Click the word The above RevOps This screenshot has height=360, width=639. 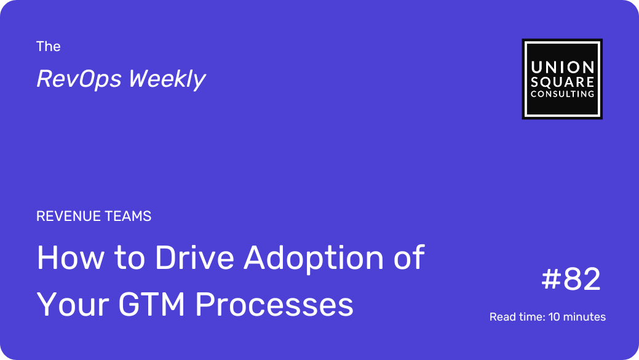[x=48, y=47]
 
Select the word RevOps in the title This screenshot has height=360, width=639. [x=79, y=79]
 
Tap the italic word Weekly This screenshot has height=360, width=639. [x=167, y=79]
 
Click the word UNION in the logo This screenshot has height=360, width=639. [x=562, y=67]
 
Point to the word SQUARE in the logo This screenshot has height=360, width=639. [x=562, y=82]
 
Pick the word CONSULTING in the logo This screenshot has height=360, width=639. [x=562, y=94]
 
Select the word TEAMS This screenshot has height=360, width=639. [x=128, y=216]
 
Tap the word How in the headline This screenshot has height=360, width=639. [x=71, y=258]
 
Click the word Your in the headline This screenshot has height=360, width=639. [x=73, y=304]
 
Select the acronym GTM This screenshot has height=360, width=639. [x=152, y=304]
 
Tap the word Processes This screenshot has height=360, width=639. [x=274, y=304]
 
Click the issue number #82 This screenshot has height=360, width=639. [x=571, y=279]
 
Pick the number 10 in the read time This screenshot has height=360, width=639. [x=555, y=317]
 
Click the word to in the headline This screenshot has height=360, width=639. [x=129, y=258]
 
